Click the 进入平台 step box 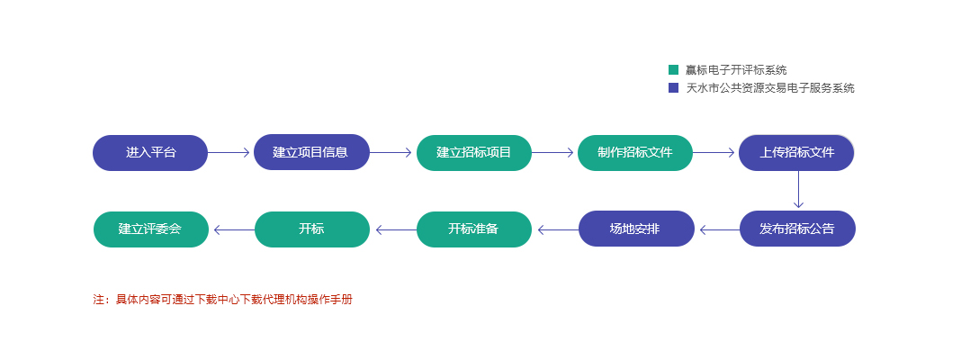tap(150, 152)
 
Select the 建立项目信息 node tap(311, 152)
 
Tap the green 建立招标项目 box tap(474, 152)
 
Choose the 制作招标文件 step tap(635, 152)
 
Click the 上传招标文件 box tap(796, 152)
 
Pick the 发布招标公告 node tap(797, 229)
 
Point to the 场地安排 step tap(636, 229)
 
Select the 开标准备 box tap(474, 229)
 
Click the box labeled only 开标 tap(312, 229)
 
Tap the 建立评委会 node tap(151, 229)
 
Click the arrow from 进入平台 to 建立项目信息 tap(229, 152)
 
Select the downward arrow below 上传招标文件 tap(798, 189)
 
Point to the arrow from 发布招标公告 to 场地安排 tap(720, 230)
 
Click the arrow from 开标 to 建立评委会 tap(234, 230)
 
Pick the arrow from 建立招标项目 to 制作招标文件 tap(552, 152)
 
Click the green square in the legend tap(673, 70)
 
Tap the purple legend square tap(673, 88)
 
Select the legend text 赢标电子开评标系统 tap(736, 70)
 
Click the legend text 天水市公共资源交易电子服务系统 tap(770, 88)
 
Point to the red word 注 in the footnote tap(99, 300)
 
